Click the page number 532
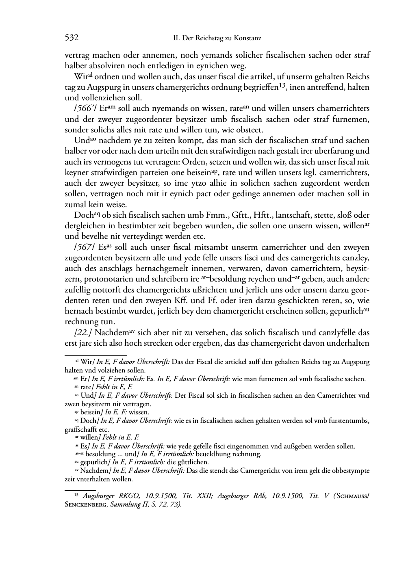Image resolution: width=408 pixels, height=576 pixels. [x=72, y=38]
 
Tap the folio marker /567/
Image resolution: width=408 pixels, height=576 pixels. [x=82, y=247]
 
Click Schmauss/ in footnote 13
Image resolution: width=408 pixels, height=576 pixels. [x=352, y=496]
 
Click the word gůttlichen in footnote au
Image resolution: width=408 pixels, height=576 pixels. [x=193, y=462]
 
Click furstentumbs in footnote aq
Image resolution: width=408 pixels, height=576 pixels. [x=349, y=421]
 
